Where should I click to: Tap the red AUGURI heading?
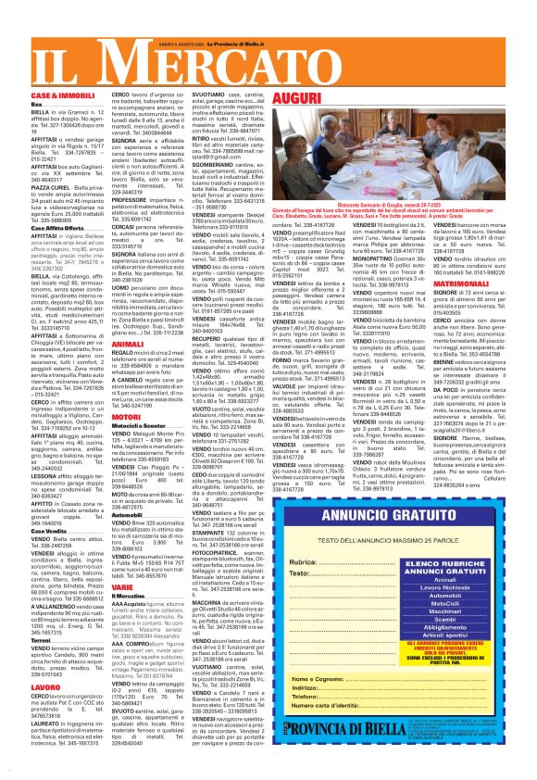[x=298, y=97]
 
